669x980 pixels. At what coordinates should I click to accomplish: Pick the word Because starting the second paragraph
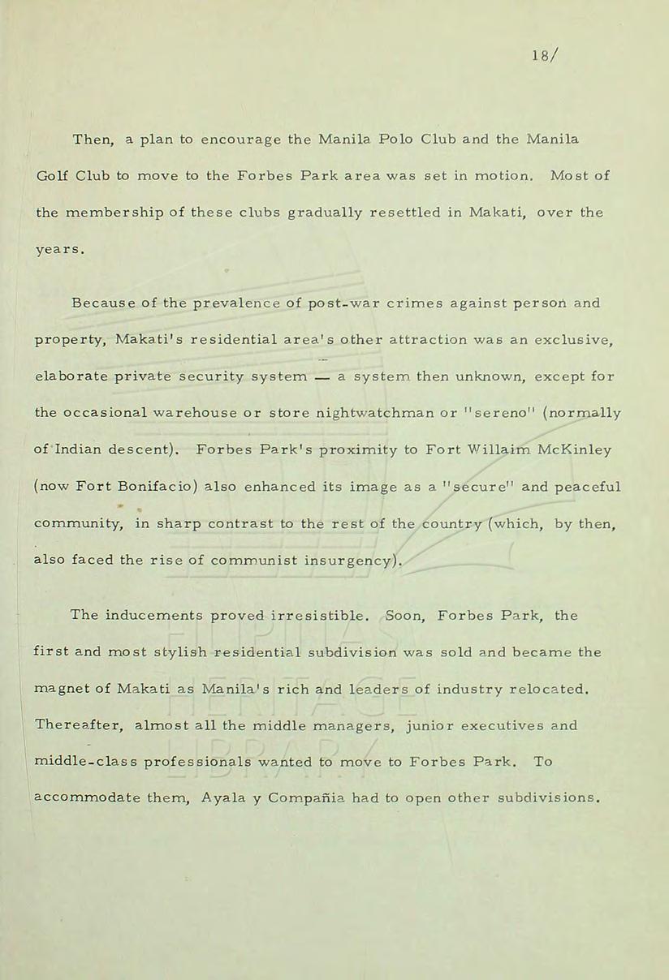pyautogui.click(x=101, y=303)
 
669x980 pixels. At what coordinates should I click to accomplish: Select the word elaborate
pyautogui.click(x=71, y=376)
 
